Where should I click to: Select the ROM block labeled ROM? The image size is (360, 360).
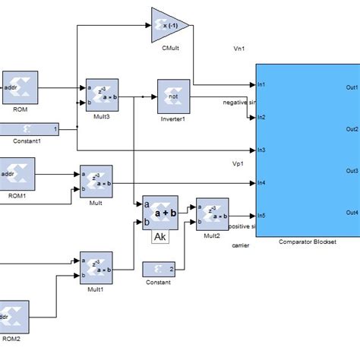coord(20,90)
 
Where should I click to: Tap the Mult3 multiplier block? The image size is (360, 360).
coord(102,94)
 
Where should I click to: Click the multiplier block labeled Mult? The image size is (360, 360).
coord(96,182)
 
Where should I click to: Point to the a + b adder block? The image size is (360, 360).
coord(160,212)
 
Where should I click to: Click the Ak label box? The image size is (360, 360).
coord(160,238)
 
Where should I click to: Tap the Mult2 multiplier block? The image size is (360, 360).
coord(212,214)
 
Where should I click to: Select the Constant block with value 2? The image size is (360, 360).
coord(159,269)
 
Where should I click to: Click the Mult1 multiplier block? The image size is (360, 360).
coord(96,267)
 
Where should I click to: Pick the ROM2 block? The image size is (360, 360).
coord(15,314)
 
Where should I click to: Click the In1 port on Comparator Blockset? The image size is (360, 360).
coord(261,84)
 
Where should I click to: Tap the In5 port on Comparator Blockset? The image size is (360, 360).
coord(261,214)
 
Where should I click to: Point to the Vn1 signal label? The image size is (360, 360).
coord(238,49)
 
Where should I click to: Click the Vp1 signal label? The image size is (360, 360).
coord(238,163)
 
